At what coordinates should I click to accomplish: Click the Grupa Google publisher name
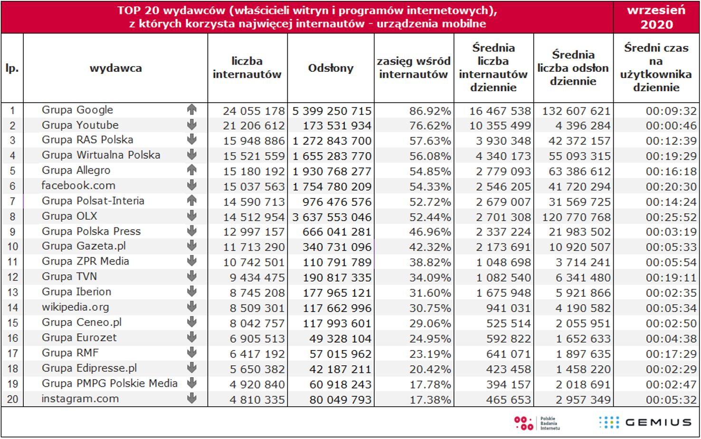(x=77, y=110)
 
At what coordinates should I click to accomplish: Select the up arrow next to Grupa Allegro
(x=192, y=170)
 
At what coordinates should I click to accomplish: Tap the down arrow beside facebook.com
(x=192, y=185)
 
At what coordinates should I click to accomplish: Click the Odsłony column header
(x=331, y=68)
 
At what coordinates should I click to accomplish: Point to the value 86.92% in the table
(x=430, y=111)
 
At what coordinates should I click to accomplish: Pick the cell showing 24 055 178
(x=254, y=111)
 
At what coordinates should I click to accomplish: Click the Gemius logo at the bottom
(x=644, y=422)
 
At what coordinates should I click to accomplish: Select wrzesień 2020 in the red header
(x=656, y=17)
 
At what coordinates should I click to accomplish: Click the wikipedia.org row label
(x=75, y=307)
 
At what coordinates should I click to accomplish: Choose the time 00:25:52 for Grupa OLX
(x=671, y=217)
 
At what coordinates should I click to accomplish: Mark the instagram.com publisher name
(x=80, y=399)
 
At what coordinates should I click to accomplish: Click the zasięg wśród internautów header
(x=414, y=68)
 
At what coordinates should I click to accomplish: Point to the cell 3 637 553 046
(x=332, y=217)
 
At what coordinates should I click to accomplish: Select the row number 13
(x=12, y=293)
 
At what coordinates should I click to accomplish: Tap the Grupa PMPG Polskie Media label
(x=109, y=383)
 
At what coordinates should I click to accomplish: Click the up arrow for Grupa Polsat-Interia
(x=192, y=200)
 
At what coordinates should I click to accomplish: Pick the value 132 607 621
(x=576, y=111)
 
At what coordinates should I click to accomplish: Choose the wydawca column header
(x=115, y=68)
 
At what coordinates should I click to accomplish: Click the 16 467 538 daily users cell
(x=500, y=111)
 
